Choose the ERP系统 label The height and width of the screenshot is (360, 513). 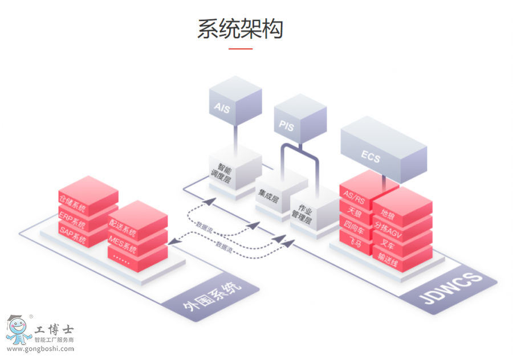(x=72, y=217)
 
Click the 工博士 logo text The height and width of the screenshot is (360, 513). (x=54, y=329)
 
